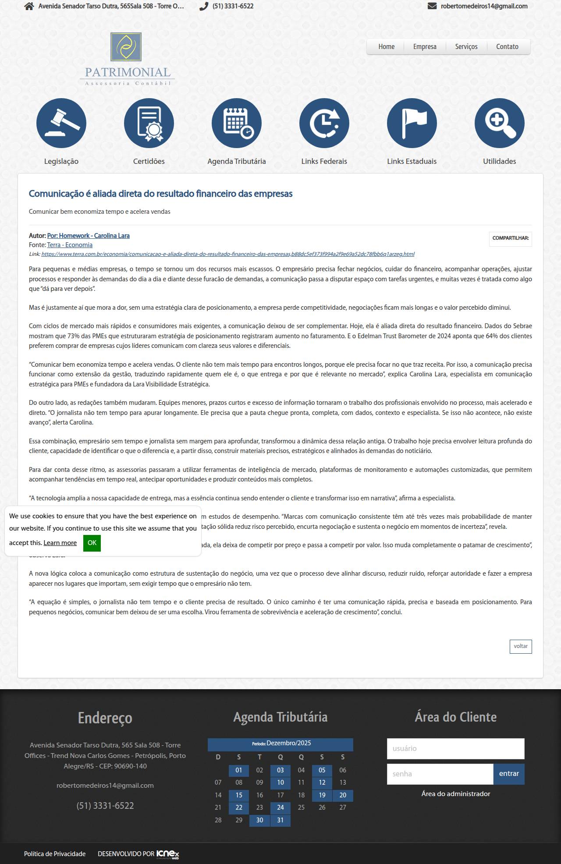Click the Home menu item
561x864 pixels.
point(386,47)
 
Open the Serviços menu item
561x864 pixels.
point(466,47)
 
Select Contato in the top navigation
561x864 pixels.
point(507,47)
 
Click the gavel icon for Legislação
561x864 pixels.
point(61,123)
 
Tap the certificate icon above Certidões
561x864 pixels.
point(149,123)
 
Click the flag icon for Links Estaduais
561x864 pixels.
point(412,123)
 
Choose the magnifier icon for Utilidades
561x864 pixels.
point(500,123)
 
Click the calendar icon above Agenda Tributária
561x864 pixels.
point(237,123)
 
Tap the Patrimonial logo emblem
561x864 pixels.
point(126,47)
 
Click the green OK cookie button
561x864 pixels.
point(92,543)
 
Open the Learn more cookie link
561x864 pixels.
point(60,543)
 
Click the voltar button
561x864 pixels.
point(521,646)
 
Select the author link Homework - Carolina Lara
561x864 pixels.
point(89,236)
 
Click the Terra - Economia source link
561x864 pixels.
point(70,245)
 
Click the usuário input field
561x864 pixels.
point(455,748)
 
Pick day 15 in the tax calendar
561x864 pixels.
point(239,795)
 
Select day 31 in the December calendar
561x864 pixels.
point(280,820)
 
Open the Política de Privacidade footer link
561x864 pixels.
point(55,853)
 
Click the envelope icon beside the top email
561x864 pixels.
point(432,6)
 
